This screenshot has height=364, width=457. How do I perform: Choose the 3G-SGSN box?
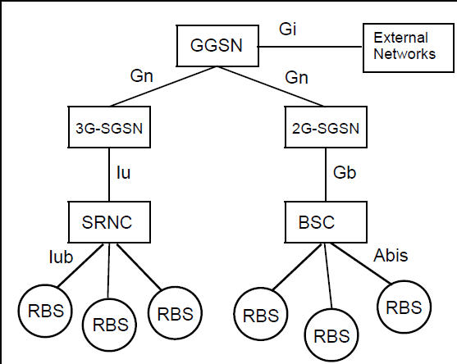click(x=107, y=130)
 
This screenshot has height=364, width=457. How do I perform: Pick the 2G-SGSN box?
click(x=327, y=130)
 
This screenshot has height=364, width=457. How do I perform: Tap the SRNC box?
click(x=107, y=221)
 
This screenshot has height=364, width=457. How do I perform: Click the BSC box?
click(x=327, y=221)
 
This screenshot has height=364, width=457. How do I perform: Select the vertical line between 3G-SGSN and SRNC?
click(x=107, y=174)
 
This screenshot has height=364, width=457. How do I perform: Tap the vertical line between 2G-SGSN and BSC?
click(x=327, y=174)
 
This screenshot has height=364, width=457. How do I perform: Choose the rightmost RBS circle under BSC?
click(x=404, y=307)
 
